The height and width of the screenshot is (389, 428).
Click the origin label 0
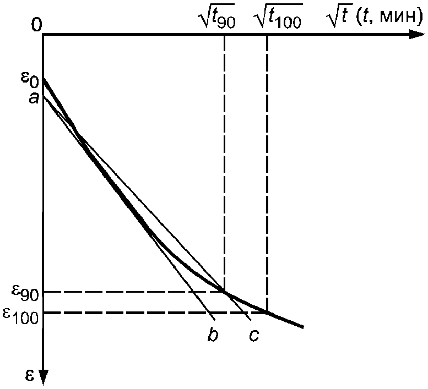[36, 25]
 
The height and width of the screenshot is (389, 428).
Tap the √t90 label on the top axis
[218, 17]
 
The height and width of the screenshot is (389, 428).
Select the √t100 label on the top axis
[278, 17]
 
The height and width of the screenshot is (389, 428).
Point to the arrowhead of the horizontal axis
[418, 35]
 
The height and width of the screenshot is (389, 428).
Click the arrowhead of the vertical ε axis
[43, 377]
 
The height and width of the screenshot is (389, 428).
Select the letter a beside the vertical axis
[34, 98]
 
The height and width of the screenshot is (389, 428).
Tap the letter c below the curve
[254, 336]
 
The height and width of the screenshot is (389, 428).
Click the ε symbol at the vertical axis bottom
[30, 376]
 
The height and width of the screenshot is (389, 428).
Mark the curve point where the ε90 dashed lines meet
[224, 292]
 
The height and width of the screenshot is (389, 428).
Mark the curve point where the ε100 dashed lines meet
[267, 313]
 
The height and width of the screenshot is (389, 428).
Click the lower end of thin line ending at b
[215, 320]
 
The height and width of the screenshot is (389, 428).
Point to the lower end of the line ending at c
[251, 320]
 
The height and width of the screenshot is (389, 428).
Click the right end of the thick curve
[304, 327]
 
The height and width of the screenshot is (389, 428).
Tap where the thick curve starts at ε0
[44, 80]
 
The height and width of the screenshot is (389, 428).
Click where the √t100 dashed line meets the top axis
[267, 35]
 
